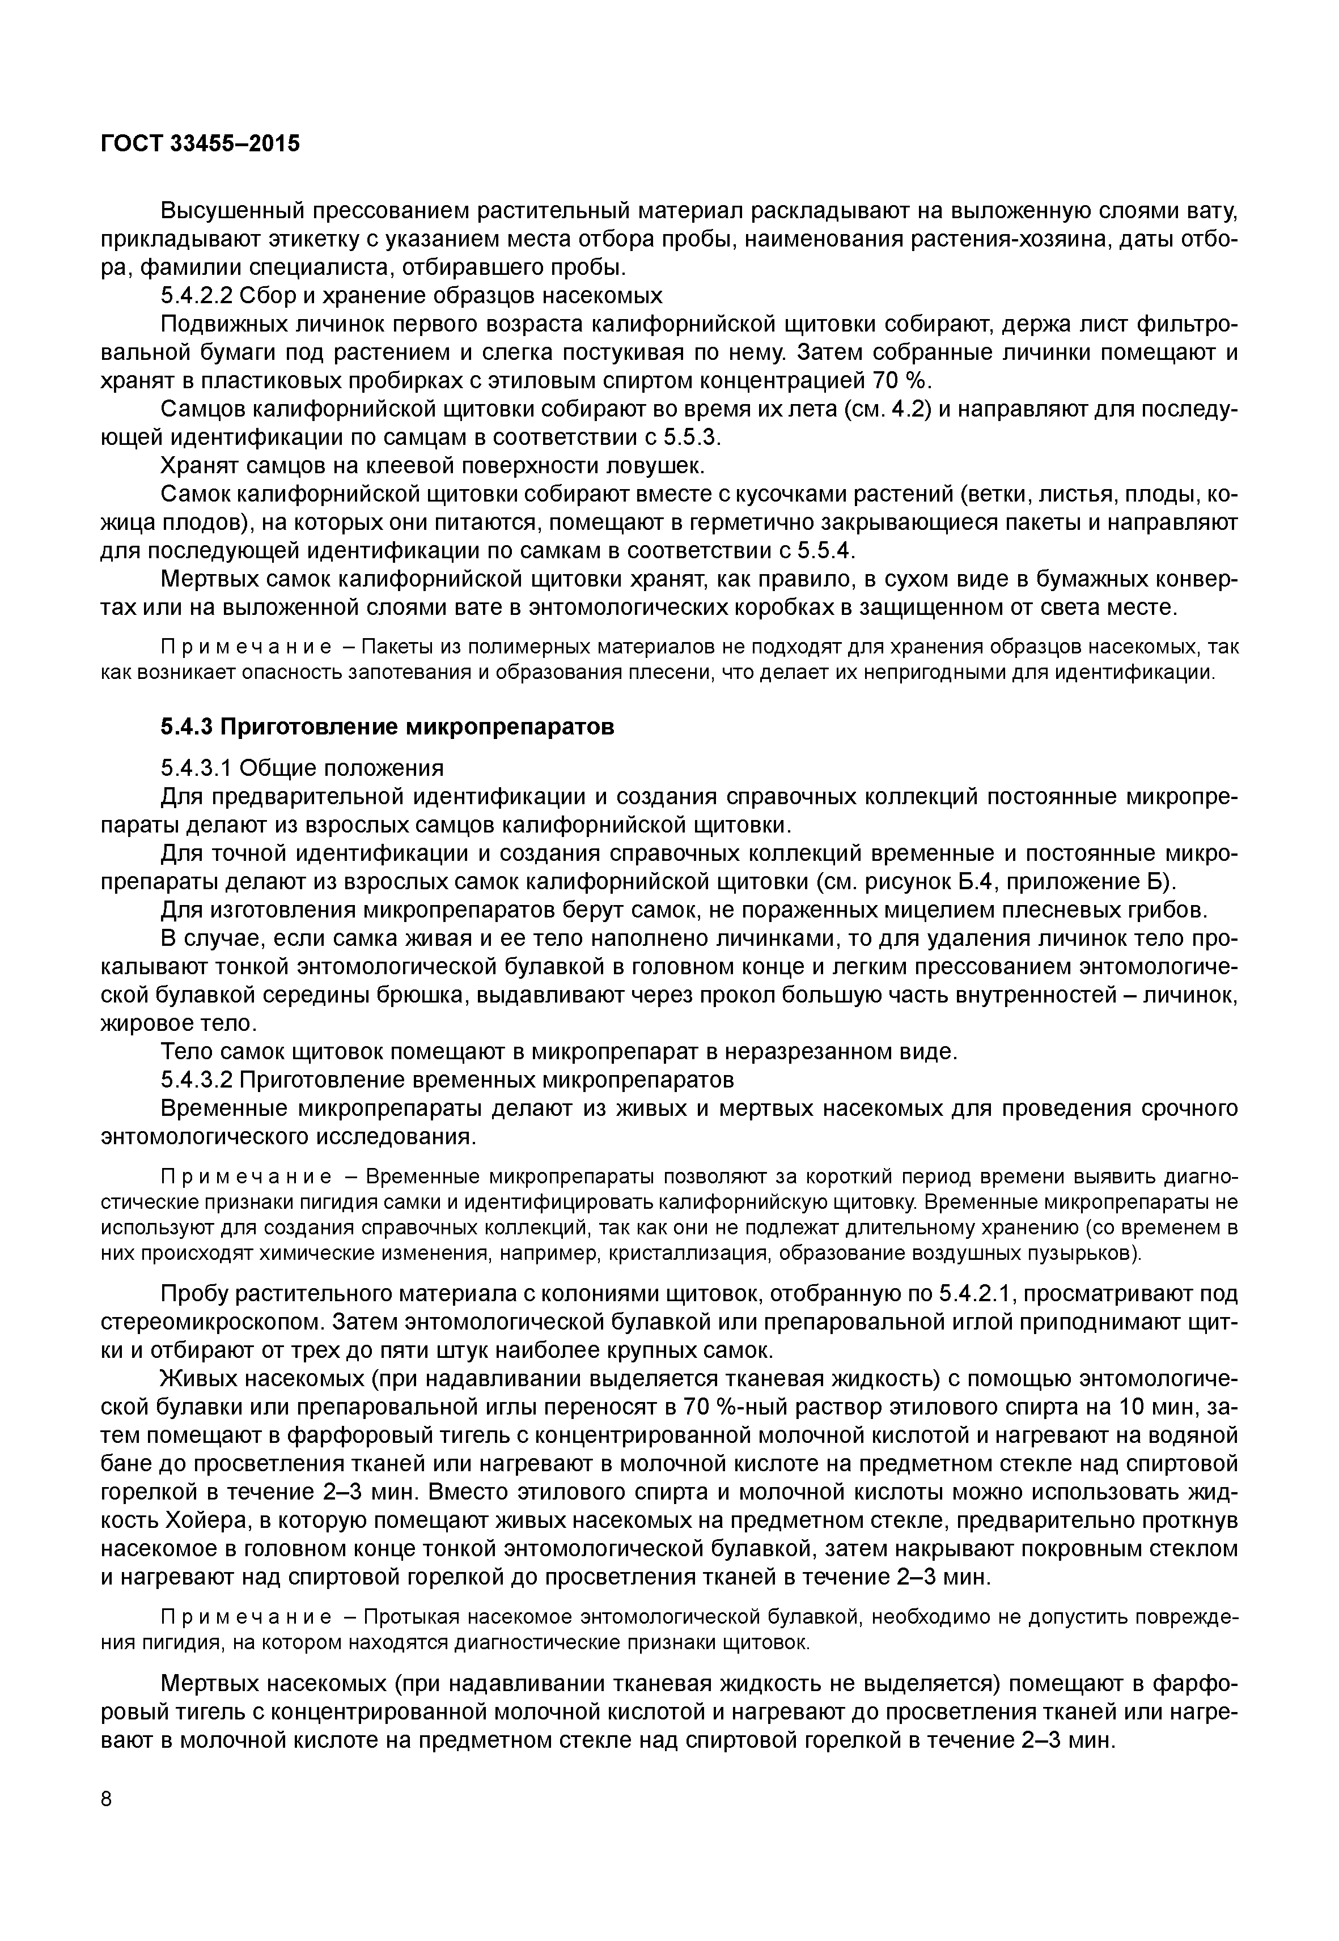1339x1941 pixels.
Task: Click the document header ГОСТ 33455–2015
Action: point(200,143)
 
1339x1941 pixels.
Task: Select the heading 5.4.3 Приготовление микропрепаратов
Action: point(387,727)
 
